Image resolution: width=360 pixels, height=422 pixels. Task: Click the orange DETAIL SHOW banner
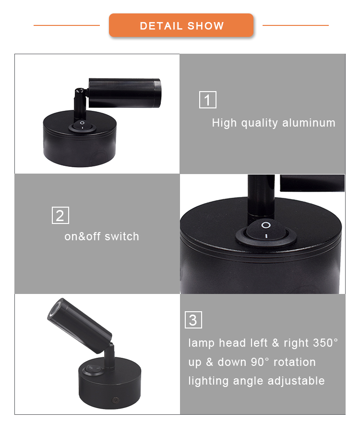pos(181,25)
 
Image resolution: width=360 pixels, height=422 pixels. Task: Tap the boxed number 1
pos(207,100)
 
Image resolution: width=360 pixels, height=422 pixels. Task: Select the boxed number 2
pos(60,215)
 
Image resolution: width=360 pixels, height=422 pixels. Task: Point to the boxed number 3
pos(193,320)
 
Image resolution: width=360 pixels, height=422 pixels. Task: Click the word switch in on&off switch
pos(122,236)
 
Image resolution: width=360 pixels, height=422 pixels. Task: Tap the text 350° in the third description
pos(325,343)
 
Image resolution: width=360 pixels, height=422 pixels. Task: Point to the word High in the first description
pos(224,123)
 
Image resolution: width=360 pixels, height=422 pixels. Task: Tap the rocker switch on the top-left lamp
pos(82,126)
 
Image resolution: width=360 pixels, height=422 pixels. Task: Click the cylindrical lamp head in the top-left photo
pos(125,93)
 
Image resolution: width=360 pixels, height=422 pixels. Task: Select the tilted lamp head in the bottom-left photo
pos(80,326)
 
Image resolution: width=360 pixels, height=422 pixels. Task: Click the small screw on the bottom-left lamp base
pos(116,400)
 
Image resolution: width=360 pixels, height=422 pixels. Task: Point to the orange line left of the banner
pos(67,25)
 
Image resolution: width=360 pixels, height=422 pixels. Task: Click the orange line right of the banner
pos(296,25)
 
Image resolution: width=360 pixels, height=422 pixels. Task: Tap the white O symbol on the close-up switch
pos(266,225)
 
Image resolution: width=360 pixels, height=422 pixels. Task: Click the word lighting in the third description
pos(209,381)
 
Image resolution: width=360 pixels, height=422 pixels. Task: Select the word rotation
pos(295,362)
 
